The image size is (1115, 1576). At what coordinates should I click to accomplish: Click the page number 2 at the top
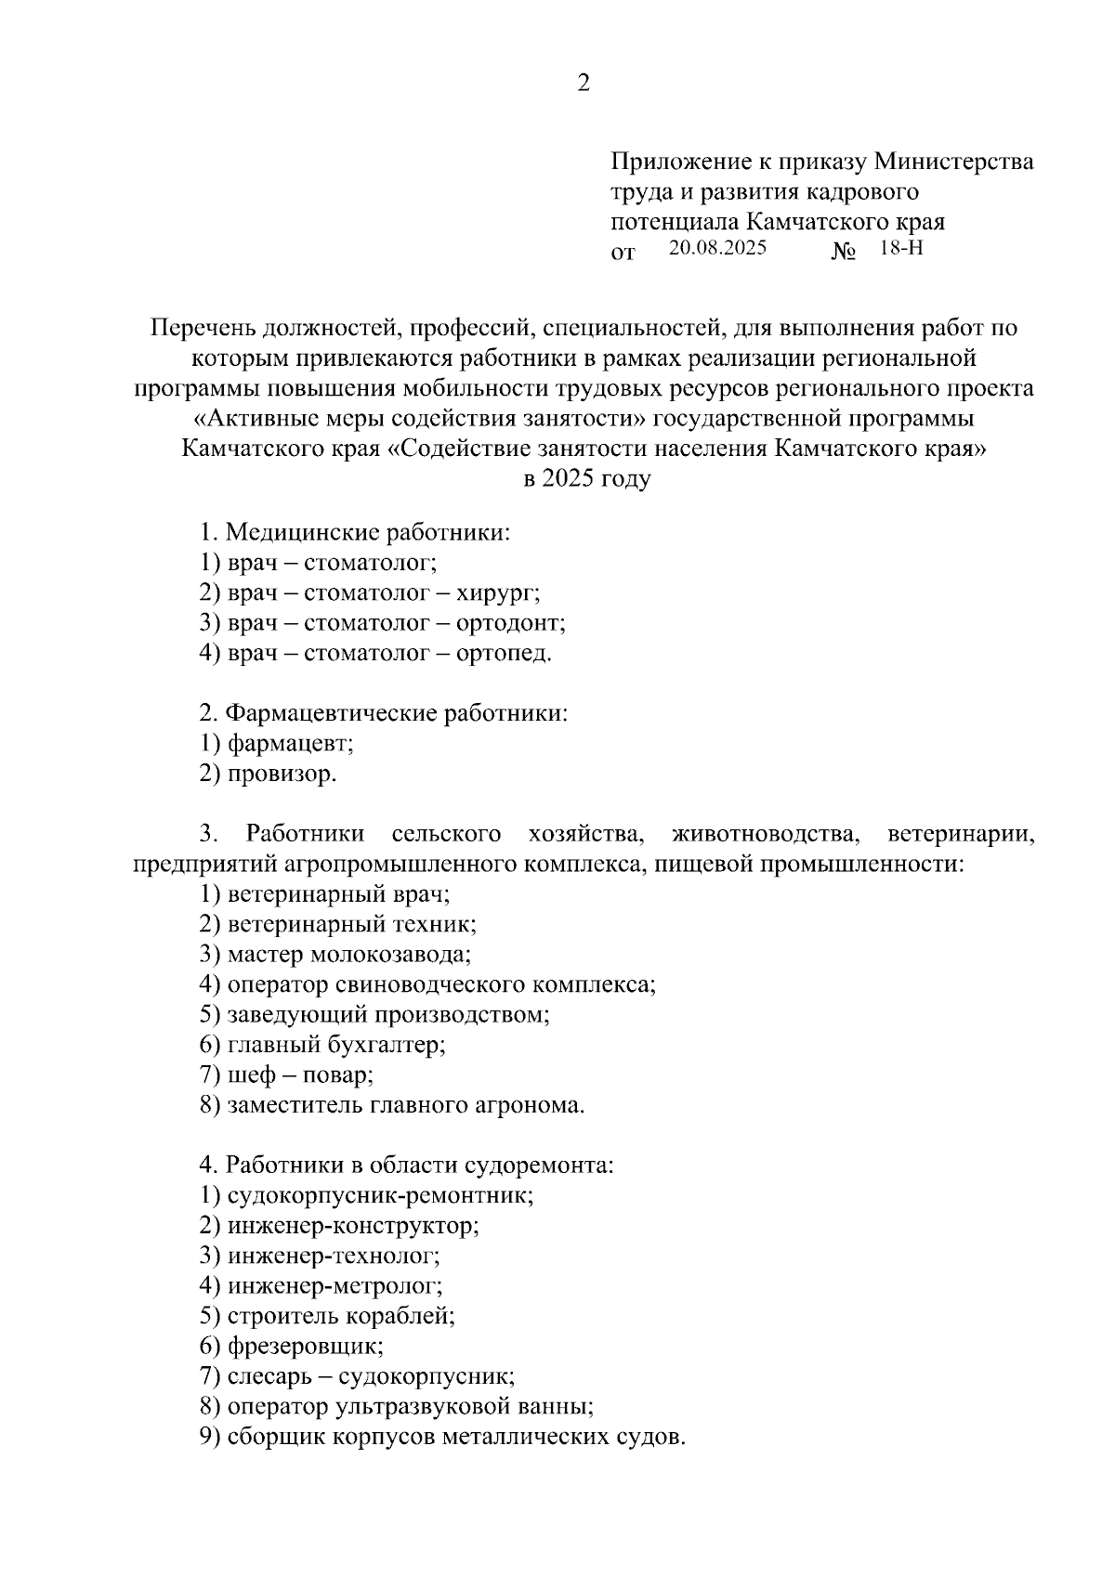[584, 84]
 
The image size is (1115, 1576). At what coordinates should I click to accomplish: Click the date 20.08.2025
[717, 248]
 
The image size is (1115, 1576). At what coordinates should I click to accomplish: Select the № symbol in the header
[843, 252]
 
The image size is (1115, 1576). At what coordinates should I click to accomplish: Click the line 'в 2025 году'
[585, 479]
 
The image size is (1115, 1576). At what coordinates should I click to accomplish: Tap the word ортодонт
[510, 623]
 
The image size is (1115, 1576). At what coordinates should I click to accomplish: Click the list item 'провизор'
[281, 775]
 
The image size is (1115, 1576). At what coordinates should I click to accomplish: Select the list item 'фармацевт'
[290, 744]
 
